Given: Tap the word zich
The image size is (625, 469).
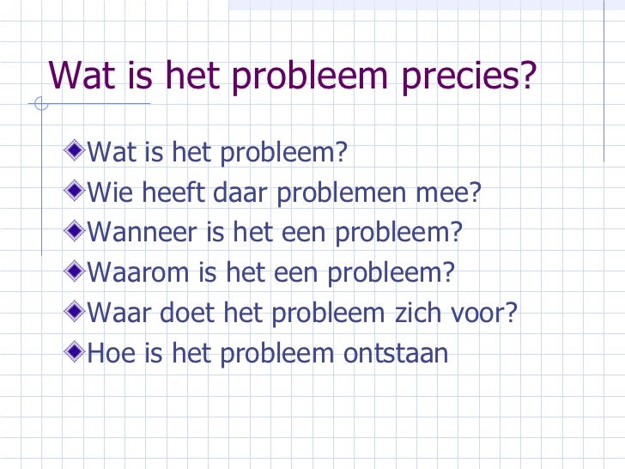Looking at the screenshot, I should [x=416, y=313].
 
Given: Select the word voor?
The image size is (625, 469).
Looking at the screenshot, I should [x=485, y=313].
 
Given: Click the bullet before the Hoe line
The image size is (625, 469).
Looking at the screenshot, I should [x=78, y=351].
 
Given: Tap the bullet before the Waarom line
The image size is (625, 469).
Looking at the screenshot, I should [x=78, y=271].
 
